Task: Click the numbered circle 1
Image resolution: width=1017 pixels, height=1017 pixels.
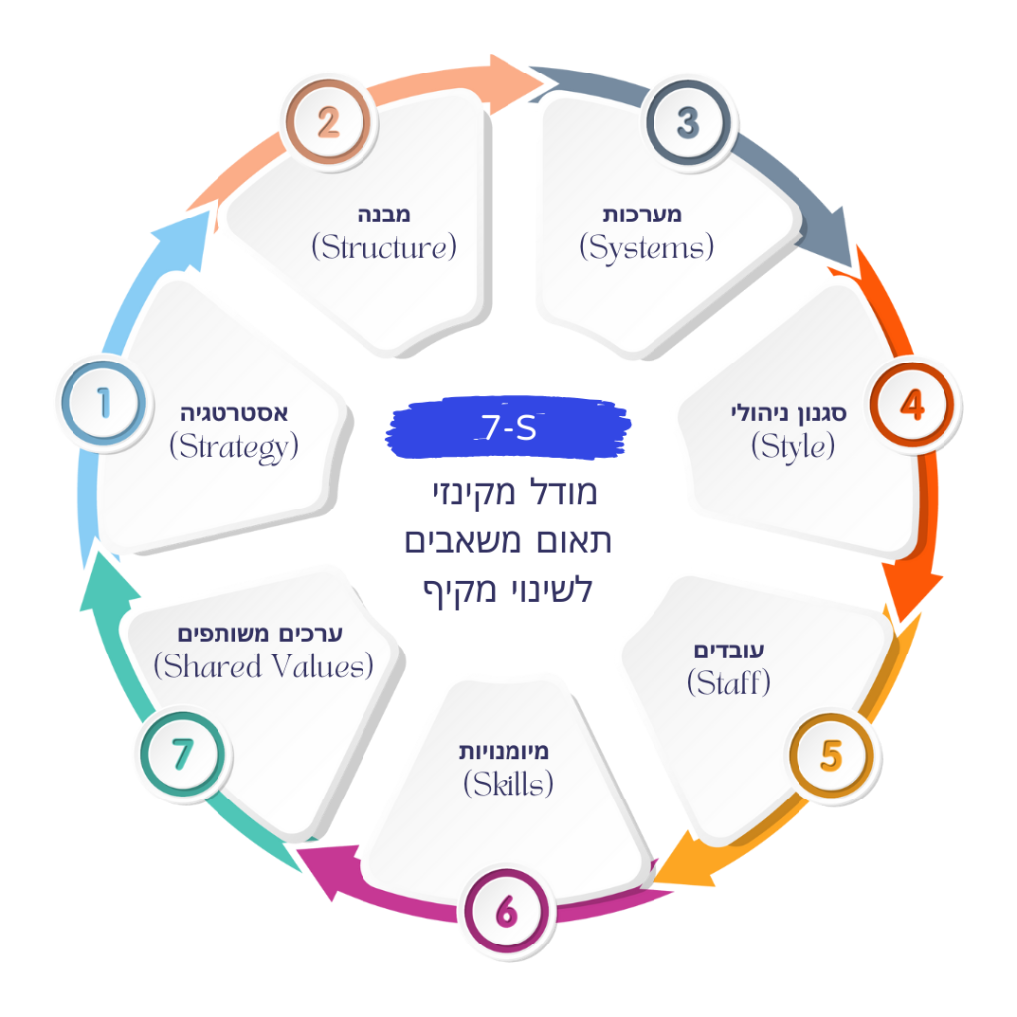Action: [103, 403]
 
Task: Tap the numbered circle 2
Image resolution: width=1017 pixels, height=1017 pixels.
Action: [328, 122]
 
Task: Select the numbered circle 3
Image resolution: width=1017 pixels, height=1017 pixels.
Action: [688, 122]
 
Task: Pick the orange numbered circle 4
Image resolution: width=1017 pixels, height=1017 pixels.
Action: [912, 405]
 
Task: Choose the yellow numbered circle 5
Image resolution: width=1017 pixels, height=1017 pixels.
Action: [831, 756]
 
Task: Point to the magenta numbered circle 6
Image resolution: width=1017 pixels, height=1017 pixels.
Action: [507, 912]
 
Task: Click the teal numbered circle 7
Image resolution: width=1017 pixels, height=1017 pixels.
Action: [183, 754]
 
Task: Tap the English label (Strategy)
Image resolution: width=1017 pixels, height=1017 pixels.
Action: [233, 448]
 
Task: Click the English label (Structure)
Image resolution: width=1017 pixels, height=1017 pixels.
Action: [384, 247]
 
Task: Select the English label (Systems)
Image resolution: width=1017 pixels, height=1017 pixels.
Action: [647, 248]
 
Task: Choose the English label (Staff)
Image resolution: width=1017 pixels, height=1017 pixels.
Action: [729, 683]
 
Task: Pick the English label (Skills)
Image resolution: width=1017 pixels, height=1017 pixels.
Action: [508, 784]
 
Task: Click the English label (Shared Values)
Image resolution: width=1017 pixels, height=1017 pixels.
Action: [263, 666]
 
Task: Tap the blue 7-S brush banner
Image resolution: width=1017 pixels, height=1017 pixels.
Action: [508, 427]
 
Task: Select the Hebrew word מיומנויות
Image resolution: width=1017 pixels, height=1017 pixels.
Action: [504, 751]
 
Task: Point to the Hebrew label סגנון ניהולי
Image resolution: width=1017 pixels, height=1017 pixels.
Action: [789, 413]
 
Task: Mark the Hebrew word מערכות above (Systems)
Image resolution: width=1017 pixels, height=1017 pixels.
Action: [643, 215]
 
